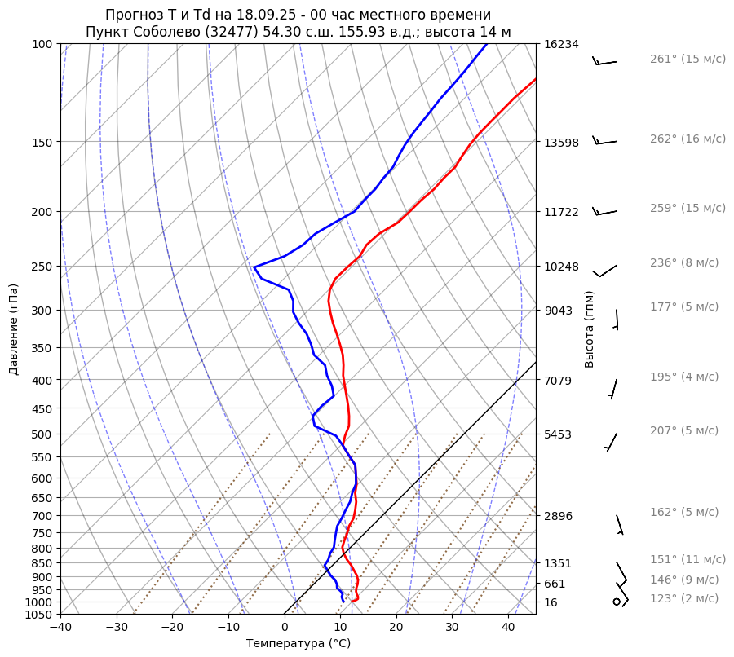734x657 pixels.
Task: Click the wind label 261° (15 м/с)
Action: pyautogui.click(x=688, y=60)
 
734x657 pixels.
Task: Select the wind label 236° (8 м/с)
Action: pyautogui.click(x=684, y=263)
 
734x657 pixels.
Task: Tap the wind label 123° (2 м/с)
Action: pyautogui.click(x=684, y=599)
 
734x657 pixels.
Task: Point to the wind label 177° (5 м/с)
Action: pyautogui.click(x=684, y=307)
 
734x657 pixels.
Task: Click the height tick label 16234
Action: pyautogui.click(x=561, y=45)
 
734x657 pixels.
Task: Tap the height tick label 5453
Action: pyautogui.click(x=558, y=434)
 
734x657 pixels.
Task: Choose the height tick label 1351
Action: pyautogui.click(x=558, y=563)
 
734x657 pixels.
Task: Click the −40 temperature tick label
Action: pyautogui.click(x=60, y=628)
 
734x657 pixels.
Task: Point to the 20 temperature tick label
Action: pyautogui.click(x=396, y=628)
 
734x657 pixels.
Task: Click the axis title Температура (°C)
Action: pyautogui.click(x=298, y=644)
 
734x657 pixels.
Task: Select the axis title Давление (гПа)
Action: pyautogui.click(x=14, y=329)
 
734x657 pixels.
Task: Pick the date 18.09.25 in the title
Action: pyautogui.click(x=251, y=15)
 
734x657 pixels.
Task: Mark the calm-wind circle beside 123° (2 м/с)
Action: pyautogui.click(x=617, y=602)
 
